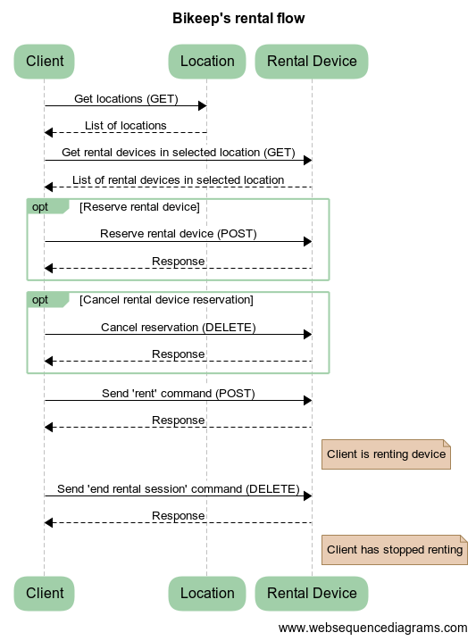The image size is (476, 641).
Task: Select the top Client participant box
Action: click(x=45, y=61)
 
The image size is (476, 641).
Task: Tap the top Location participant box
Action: click(x=207, y=61)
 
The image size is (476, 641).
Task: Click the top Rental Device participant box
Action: click(x=312, y=61)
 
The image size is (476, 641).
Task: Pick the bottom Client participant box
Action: click(x=45, y=593)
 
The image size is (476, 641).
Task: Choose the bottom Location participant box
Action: click(x=207, y=593)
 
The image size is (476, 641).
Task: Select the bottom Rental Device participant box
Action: click(x=312, y=593)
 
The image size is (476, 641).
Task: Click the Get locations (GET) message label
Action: click(x=126, y=98)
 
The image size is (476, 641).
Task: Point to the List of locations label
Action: click(x=126, y=125)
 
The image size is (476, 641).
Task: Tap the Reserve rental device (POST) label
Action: click(x=179, y=234)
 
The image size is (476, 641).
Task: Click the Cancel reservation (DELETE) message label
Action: click(x=179, y=327)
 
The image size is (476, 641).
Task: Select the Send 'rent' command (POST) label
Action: click(x=179, y=393)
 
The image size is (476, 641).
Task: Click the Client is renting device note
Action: click(x=386, y=454)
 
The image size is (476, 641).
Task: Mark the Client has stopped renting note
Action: click(x=394, y=549)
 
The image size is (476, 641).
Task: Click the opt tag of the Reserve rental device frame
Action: click(x=41, y=206)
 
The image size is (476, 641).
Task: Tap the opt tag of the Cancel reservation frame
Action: click(x=41, y=299)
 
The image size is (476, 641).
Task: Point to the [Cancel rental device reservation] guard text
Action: click(x=166, y=299)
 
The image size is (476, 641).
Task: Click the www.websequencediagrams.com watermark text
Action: click(x=372, y=628)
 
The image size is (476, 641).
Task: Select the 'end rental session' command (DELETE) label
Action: click(x=179, y=488)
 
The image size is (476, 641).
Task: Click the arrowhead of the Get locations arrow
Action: click(x=202, y=106)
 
